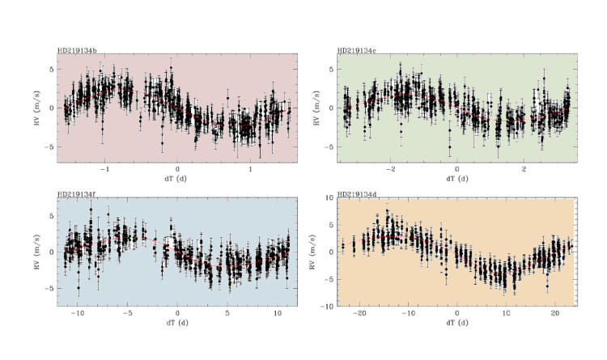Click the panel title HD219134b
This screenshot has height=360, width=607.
pyautogui.click(x=79, y=50)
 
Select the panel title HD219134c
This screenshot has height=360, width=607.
pyautogui.click(x=358, y=50)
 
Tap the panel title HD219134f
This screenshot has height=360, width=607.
pyautogui.click(x=78, y=195)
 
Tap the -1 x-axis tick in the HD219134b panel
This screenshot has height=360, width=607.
pyautogui.click(x=104, y=169)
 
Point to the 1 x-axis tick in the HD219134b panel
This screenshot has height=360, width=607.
pyautogui.click(x=251, y=169)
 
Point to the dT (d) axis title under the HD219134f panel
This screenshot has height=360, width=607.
pyautogui.click(x=177, y=323)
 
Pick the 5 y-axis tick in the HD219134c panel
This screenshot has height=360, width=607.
pyautogui.click(x=329, y=70)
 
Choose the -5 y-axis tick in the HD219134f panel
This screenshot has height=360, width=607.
pyautogui.click(x=49, y=288)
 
